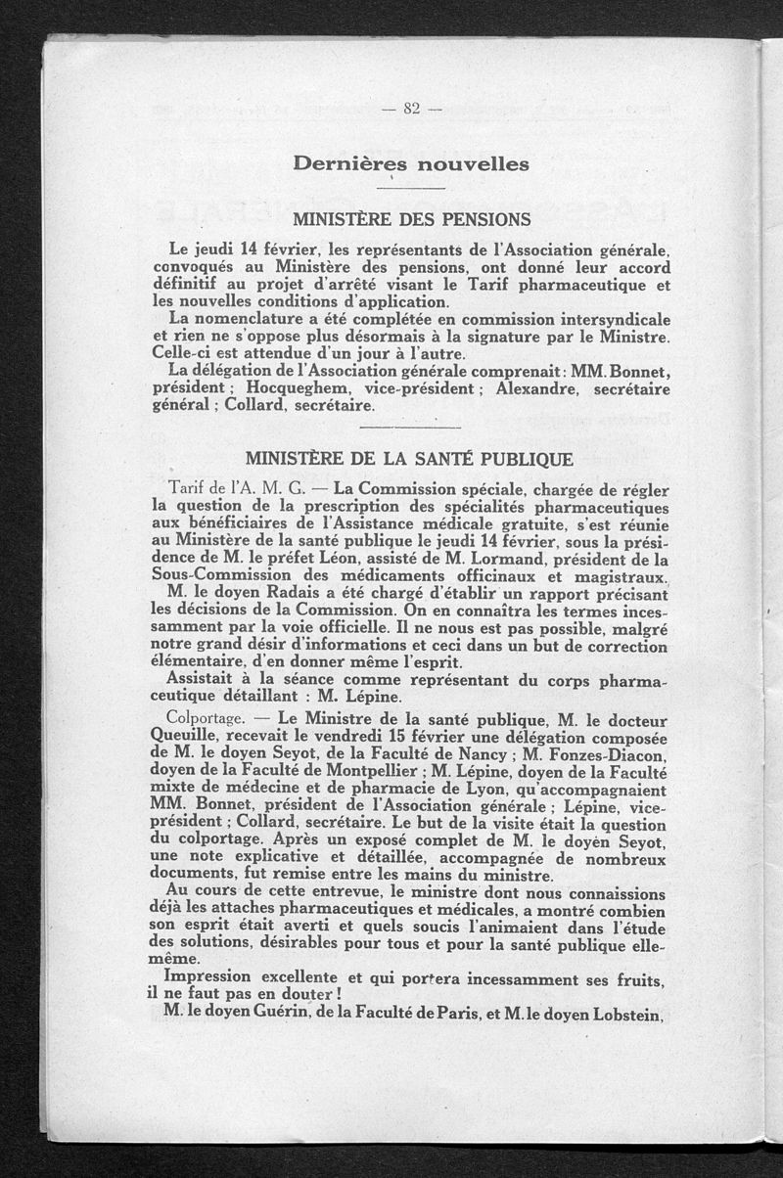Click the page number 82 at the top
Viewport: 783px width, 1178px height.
click(410, 109)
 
